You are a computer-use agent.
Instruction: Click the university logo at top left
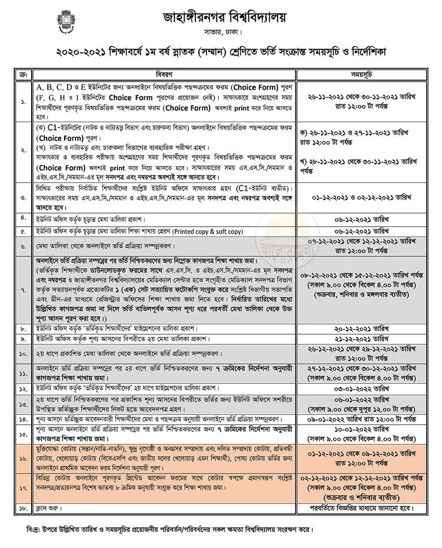coord(66,22)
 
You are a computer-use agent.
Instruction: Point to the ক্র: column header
coord(22,73)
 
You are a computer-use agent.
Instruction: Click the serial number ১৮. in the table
coord(23,508)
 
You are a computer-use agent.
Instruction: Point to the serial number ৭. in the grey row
coord(23,290)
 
